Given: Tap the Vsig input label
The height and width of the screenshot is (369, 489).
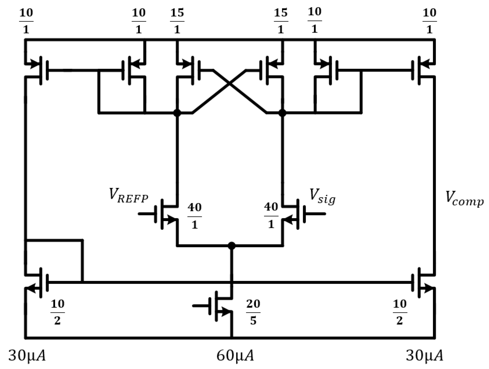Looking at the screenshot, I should click(322, 196).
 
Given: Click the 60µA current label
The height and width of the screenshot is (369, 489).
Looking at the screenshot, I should click(235, 356).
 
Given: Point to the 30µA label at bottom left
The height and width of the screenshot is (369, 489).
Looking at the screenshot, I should click(27, 356).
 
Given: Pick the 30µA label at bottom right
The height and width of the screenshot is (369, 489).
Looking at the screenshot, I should click(424, 356).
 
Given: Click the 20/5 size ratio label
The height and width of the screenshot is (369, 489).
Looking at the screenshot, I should click(253, 312).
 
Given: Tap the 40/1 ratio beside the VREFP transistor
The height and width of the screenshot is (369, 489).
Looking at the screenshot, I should click(194, 216).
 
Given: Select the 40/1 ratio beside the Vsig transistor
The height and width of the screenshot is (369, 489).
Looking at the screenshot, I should click(271, 215).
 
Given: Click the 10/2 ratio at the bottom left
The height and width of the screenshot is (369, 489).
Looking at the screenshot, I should click(57, 312).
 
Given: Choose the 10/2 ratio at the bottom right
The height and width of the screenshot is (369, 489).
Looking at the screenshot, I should click(399, 312).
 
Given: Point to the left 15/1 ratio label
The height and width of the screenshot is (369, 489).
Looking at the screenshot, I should click(177, 21).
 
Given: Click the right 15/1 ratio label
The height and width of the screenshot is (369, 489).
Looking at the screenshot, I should click(280, 21).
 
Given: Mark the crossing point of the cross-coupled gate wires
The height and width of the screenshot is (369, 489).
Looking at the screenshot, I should click(230, 84).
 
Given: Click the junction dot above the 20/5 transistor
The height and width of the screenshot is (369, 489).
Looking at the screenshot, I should click(231, 246).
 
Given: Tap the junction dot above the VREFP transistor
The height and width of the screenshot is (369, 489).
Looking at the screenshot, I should click(177, 113).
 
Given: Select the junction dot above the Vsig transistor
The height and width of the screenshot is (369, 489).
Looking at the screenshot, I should click(282, 113).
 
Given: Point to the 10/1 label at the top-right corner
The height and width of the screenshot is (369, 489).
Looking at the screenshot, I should click(429, 21).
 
